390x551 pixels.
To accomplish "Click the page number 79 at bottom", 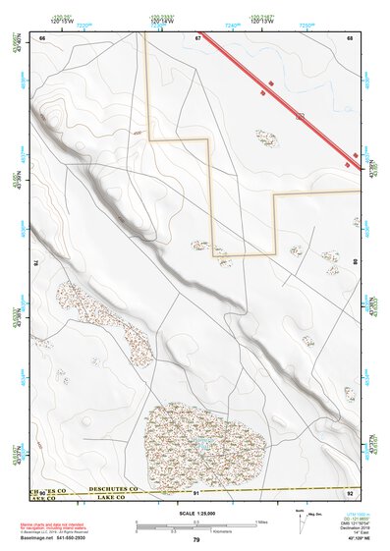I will (x=195, y=540).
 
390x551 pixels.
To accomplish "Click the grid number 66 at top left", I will (x=43, y=38).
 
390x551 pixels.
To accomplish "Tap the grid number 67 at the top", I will (x=197, y=38).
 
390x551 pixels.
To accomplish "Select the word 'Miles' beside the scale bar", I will (x=261, y=521).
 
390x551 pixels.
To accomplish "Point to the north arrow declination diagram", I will (x=300, y=520).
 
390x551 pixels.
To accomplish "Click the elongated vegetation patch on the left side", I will (x=103, y=319).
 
